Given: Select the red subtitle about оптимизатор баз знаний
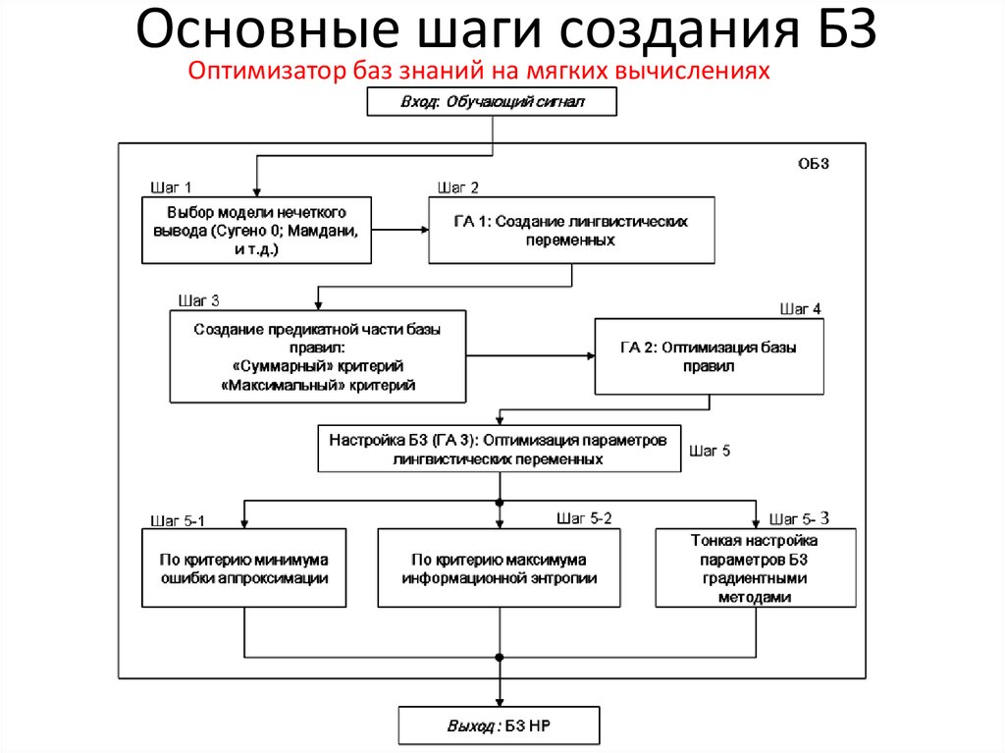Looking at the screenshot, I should [x=476, y=71].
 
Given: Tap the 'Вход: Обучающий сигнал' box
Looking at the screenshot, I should [x=492, y=101].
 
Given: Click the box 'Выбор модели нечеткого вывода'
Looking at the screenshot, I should [x=256, y=231].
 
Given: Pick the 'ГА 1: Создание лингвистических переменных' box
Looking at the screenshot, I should [x=571, y=231].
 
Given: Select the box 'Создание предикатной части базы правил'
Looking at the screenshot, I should [x=317, y=357].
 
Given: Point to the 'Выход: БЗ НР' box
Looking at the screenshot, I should [x=498, y=726].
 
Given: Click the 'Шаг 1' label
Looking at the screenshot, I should [x=170, y=187].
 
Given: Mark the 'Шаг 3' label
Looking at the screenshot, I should [x=198, y=300].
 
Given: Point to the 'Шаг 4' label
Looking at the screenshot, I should [x=800, y=309].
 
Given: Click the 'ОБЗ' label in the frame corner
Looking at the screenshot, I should [x=814, y=164].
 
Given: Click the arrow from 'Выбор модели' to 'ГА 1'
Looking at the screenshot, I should [x=400, y=231].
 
